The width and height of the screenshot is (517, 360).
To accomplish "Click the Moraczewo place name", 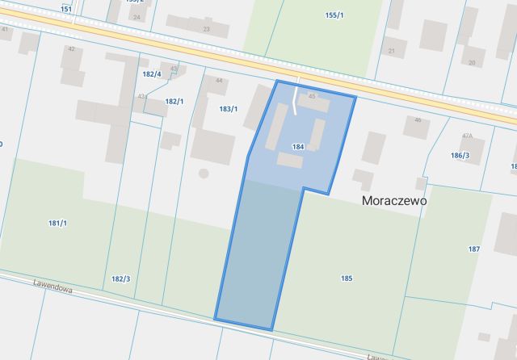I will pos(394,199).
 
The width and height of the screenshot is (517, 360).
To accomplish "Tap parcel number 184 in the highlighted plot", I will pos(298,147).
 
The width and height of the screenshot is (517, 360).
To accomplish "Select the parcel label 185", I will pos(347,278).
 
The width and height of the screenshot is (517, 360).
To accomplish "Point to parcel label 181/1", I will pos(57,223).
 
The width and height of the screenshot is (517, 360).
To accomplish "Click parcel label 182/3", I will pos(120,278).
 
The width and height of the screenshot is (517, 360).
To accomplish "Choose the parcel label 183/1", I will pos(229,108).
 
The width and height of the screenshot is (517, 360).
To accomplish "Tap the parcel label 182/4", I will pos(152,74).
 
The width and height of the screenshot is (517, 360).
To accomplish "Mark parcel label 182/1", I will pos(174,102).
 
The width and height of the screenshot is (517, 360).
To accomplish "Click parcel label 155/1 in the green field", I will pos(334,15).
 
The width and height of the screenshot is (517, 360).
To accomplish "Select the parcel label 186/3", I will pos(460,155).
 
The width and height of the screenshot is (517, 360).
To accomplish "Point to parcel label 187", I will pos(474,249).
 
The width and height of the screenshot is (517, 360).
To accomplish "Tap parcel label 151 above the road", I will pos(66,9).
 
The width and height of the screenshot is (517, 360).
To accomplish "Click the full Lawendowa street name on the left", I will pos(54,284).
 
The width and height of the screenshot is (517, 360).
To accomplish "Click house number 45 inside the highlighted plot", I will pos(312,97).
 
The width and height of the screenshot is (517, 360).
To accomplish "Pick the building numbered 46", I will pos(418,121).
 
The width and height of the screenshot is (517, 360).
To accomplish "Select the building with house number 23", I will pos(205,29).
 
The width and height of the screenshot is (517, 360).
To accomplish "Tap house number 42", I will pos(71,49).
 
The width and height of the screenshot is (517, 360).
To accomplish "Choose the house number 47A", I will pos(467,136).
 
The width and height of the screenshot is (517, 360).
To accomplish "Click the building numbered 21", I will pos(392,51).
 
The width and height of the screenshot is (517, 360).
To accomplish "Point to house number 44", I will pos(219,81).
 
